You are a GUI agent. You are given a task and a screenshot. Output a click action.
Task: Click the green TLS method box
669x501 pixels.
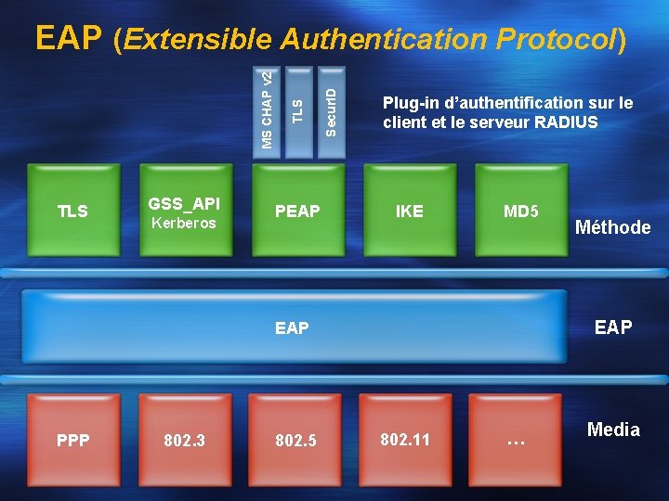[72, 211]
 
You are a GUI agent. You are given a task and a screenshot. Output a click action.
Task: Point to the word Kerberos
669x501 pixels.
[183, 224]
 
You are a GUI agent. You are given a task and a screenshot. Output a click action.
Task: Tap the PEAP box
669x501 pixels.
[297, 211]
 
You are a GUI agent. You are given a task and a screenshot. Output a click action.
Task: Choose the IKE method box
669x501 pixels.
[409, 211]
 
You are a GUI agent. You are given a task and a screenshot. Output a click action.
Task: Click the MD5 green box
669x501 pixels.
[520, 211]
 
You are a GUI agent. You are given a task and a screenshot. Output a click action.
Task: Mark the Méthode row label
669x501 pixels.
[612, 227]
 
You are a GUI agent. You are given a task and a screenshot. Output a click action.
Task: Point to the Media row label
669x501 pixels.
[613, 430]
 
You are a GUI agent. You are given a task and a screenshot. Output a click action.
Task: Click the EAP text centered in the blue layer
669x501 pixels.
[292, 328]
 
